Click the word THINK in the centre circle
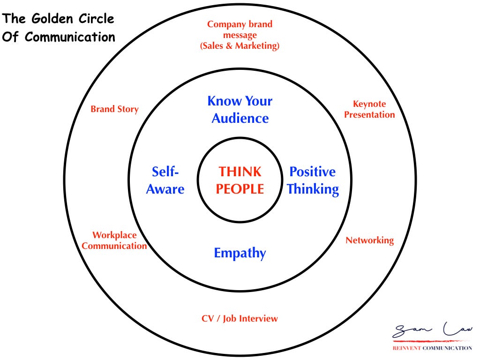click(240, 172)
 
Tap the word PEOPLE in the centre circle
click(240, 189)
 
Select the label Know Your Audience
click(240, 109)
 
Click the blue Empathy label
click(240, 253)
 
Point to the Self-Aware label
click(165, 180)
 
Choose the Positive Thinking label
click(313, 180)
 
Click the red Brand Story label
click(114, 109)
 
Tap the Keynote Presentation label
click(369, 109)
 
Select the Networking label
click(369, 240)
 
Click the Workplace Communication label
click(114, 240)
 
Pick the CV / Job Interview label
click(240, 319)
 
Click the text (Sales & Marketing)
click(240, 45)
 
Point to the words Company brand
click(240, 24)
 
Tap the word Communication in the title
click(70, 37)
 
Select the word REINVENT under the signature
click(406, 348)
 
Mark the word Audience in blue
click(240, 118)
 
